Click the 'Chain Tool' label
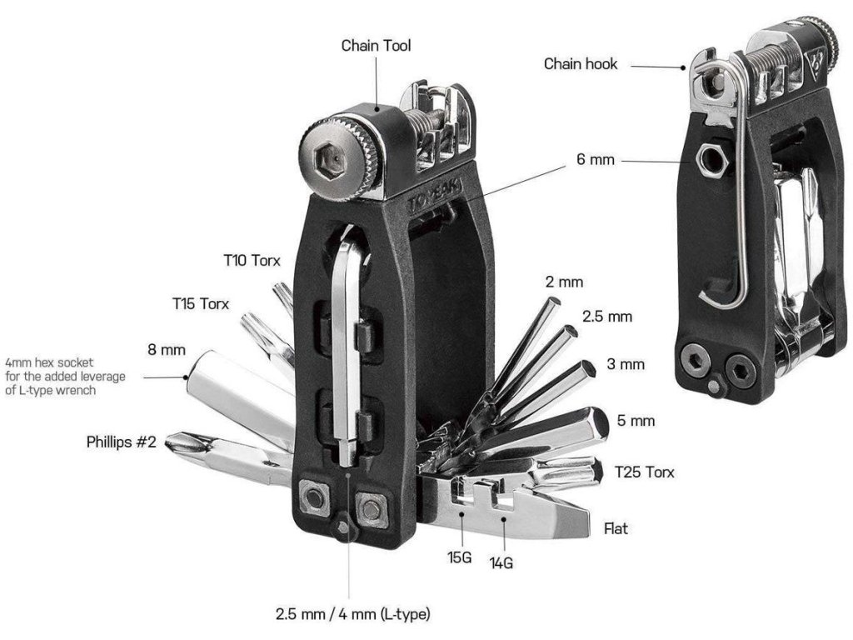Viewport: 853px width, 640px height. coord(376,46)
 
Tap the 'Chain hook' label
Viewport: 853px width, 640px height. coord(581,63)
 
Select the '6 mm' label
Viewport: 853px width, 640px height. coord(595,159)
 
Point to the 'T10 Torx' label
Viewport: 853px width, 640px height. coord(252,261)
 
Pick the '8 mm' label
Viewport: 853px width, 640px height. coord(167,349)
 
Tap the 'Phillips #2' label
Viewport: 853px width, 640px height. coord(122,442)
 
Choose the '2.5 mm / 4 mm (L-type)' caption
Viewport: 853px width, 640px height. coord(353,615)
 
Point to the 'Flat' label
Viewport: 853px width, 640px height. coord(616,528)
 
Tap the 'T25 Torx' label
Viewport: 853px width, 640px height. coord(644,472)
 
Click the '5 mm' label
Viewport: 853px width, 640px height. coord(637,421)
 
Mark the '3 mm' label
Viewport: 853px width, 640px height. coord(626,365)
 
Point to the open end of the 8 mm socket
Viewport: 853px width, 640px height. coord(190,377)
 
